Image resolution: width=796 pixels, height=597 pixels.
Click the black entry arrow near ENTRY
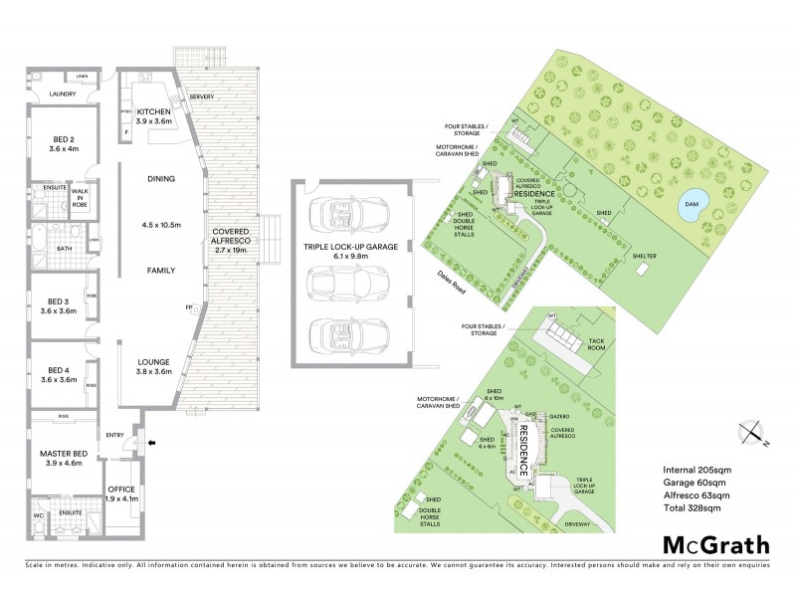pos(150,444)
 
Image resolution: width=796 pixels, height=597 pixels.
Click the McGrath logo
pos(716,544)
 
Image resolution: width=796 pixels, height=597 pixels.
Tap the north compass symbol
pos(752,432)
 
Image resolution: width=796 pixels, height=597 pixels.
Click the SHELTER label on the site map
pos(644,256)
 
